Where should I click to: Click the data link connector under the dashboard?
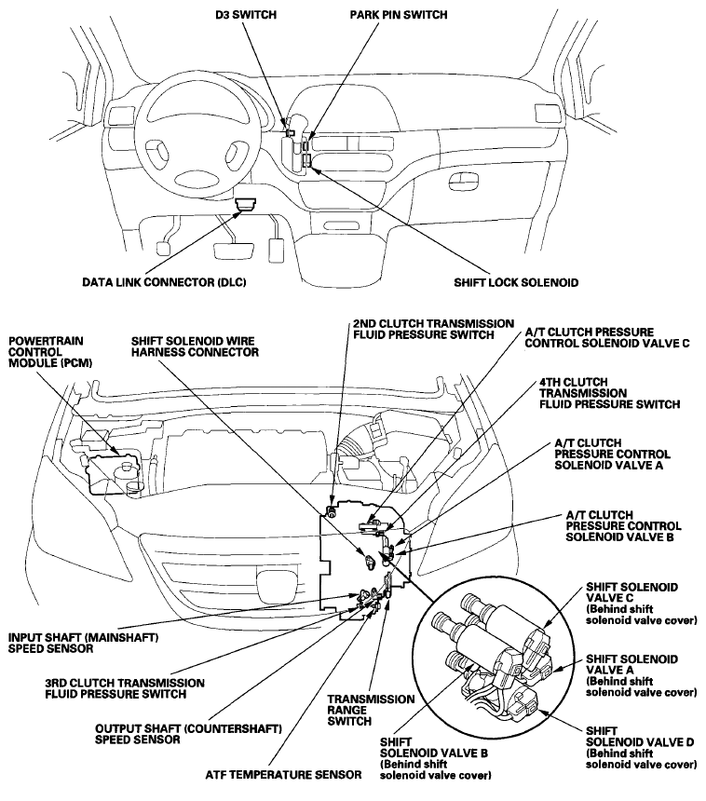(x=246, y=203)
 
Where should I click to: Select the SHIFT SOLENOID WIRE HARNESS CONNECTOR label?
(x=195, y=346)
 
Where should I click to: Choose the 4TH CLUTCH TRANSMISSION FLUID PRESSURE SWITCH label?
(x=607, y=393)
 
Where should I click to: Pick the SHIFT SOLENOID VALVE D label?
(x=640, y=746)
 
